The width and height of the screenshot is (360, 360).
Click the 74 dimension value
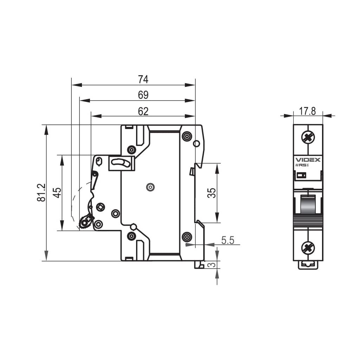[143, 79]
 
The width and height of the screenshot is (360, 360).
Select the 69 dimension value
[143, 95]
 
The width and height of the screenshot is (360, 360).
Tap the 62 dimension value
[143, 111]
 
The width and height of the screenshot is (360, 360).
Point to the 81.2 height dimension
[41, 192]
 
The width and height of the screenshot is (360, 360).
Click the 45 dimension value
[57, 193]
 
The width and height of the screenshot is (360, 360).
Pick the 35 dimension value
[212, 193]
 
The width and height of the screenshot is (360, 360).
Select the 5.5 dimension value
[228, 240]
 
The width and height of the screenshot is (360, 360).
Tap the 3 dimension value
[211, 265]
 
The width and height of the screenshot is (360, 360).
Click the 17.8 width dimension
[307, 111]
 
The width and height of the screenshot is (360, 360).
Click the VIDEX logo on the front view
[308, 160]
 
